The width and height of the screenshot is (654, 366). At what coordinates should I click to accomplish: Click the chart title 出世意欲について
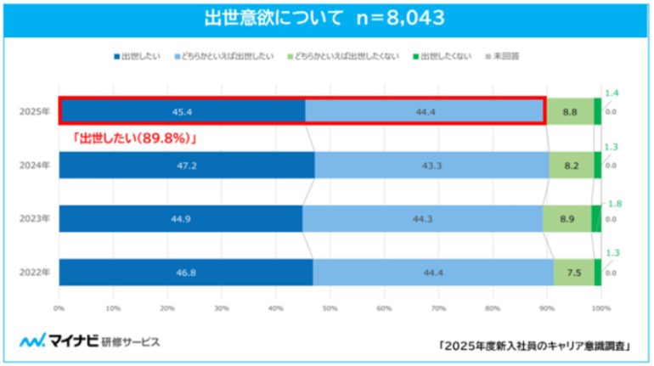coord(262,18)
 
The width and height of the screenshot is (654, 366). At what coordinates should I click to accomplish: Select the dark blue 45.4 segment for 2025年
coord(182,111)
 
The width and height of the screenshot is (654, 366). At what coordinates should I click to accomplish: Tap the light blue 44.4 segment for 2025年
coord(424,111)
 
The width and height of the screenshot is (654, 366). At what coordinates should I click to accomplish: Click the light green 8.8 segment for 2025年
coord(570,111)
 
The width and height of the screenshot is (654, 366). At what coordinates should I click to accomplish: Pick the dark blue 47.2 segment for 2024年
coord(187,165)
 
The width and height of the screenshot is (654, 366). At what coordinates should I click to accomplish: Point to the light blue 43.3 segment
coord(431,165)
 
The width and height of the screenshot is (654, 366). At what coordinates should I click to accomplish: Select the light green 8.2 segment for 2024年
coord(572,165)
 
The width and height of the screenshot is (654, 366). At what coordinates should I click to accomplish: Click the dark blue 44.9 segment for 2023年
coord(180,218)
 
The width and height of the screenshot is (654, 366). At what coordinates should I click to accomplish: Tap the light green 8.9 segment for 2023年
coord(567,218)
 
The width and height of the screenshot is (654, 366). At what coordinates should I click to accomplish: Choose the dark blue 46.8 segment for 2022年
coord(185,272)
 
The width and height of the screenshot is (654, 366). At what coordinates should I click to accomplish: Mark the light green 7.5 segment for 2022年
coord(573,272)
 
